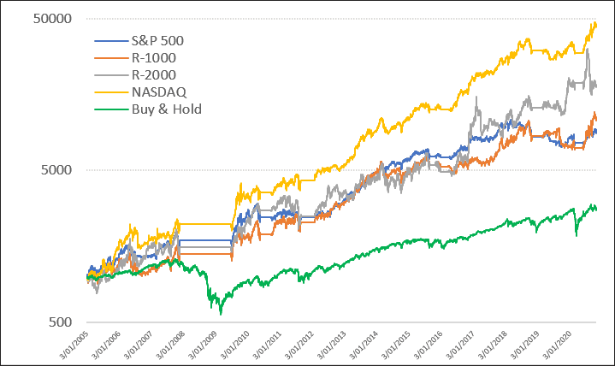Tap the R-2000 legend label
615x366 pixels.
(155, 74)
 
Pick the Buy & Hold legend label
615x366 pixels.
(166, 109)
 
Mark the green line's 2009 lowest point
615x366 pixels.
(220, 314)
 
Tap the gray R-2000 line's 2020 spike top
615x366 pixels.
(588, 50)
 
